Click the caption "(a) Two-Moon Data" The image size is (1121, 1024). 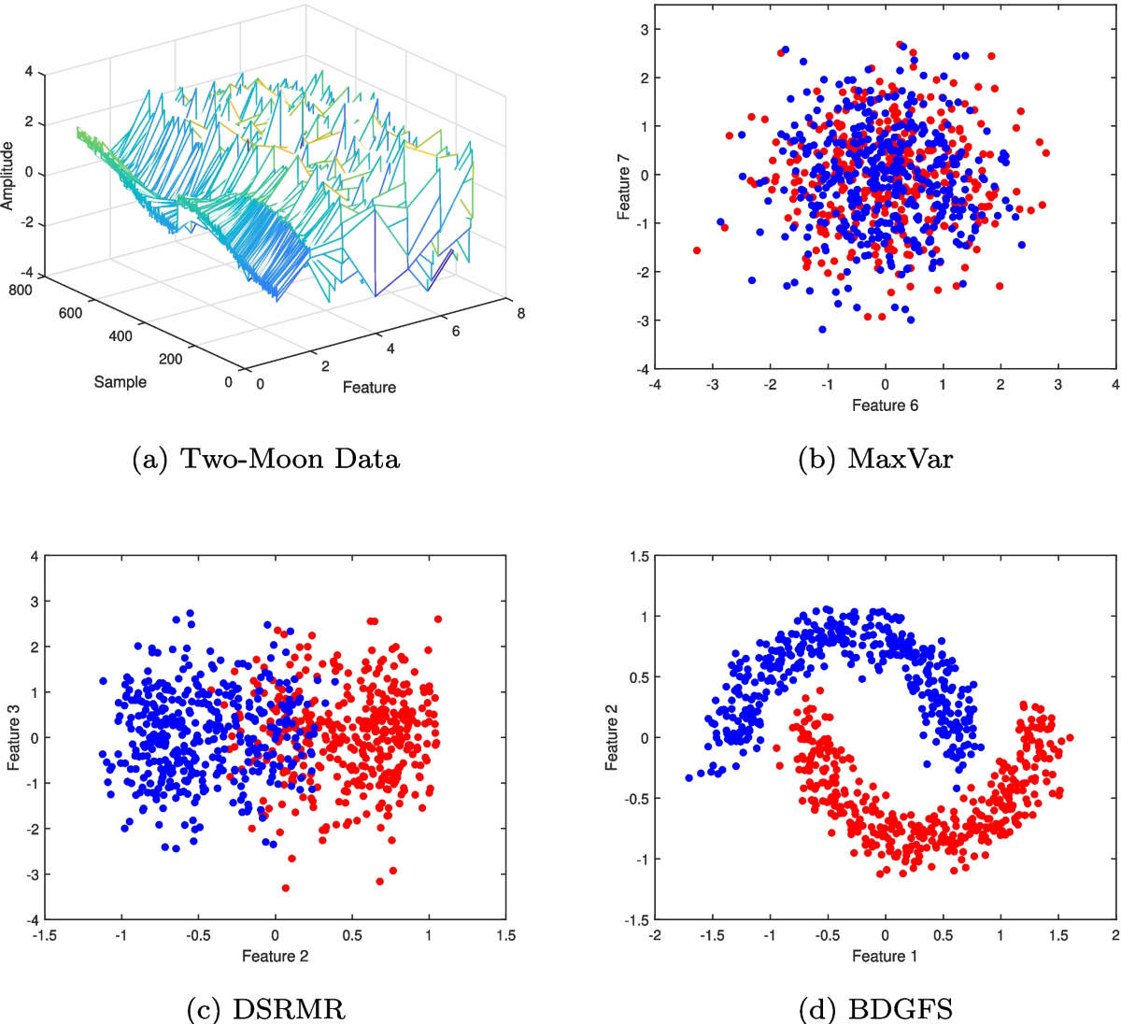pos(266,459)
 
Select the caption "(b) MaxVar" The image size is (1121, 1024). pos(875,459)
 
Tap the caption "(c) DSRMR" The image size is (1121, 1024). pos(266,1009)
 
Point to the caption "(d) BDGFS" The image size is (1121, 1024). pos(875,1009)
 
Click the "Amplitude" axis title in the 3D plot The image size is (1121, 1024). pos(8,176)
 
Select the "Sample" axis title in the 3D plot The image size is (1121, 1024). pos(121,382)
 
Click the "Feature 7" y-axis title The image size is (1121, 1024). pos(624,193)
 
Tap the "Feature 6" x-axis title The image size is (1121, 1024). pos(885,405)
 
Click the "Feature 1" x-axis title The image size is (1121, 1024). pos(885,956)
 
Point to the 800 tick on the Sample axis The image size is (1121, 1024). pos(21,290)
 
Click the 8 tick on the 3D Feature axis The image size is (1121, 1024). pos(520,313)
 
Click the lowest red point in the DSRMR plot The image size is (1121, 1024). pos(286,888)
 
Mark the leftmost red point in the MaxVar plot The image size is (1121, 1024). pos(697,250)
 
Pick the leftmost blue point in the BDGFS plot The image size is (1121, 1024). pos(689,777)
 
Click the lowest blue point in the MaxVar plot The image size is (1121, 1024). pos(822,329)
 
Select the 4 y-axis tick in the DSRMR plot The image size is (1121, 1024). pos(34,557)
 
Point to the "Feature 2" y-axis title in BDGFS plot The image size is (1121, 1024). pos(612,738)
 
